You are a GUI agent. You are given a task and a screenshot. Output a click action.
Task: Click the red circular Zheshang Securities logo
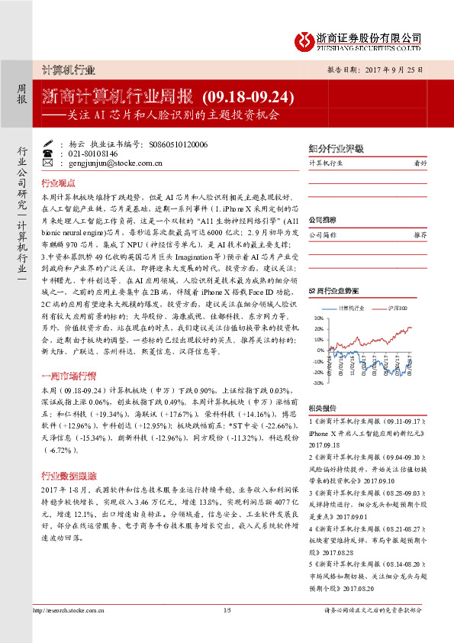[x=305, y=38]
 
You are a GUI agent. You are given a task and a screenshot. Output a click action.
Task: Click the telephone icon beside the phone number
[x=49, y=153]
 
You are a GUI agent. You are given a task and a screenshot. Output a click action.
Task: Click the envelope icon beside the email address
[x=49, y=163]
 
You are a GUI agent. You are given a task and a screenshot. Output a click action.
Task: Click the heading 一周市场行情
[x=69, y=376]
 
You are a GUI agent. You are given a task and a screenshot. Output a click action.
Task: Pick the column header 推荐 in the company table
[x=419, y=235]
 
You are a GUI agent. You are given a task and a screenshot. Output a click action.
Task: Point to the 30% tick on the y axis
[x=319, y=318]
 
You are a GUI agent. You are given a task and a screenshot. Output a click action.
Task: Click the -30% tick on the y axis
[x=318, y=382]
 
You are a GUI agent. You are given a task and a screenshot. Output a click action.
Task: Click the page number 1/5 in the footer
[x=227, y=610]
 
